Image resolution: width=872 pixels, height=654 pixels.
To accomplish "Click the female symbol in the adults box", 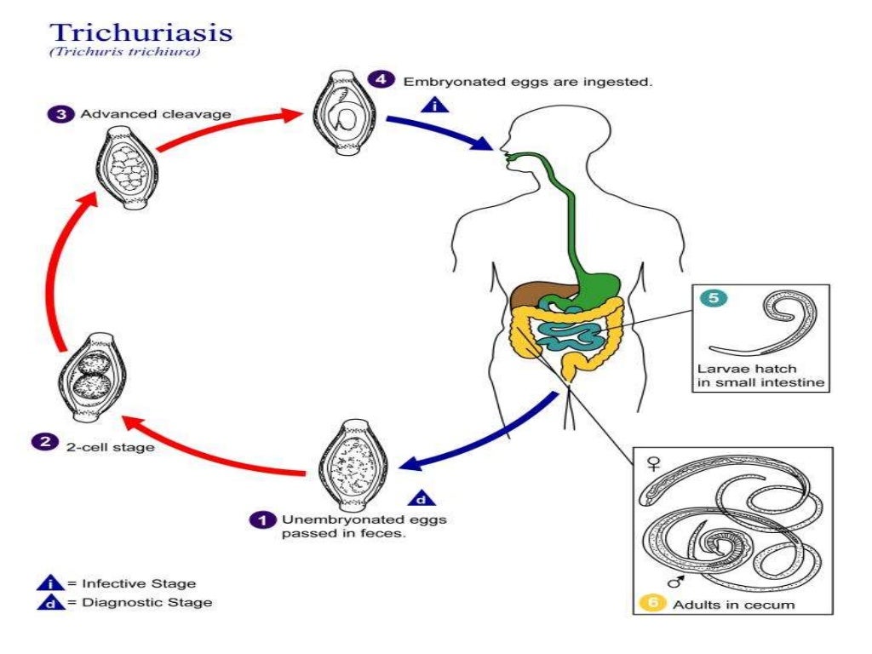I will click(654, 464).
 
